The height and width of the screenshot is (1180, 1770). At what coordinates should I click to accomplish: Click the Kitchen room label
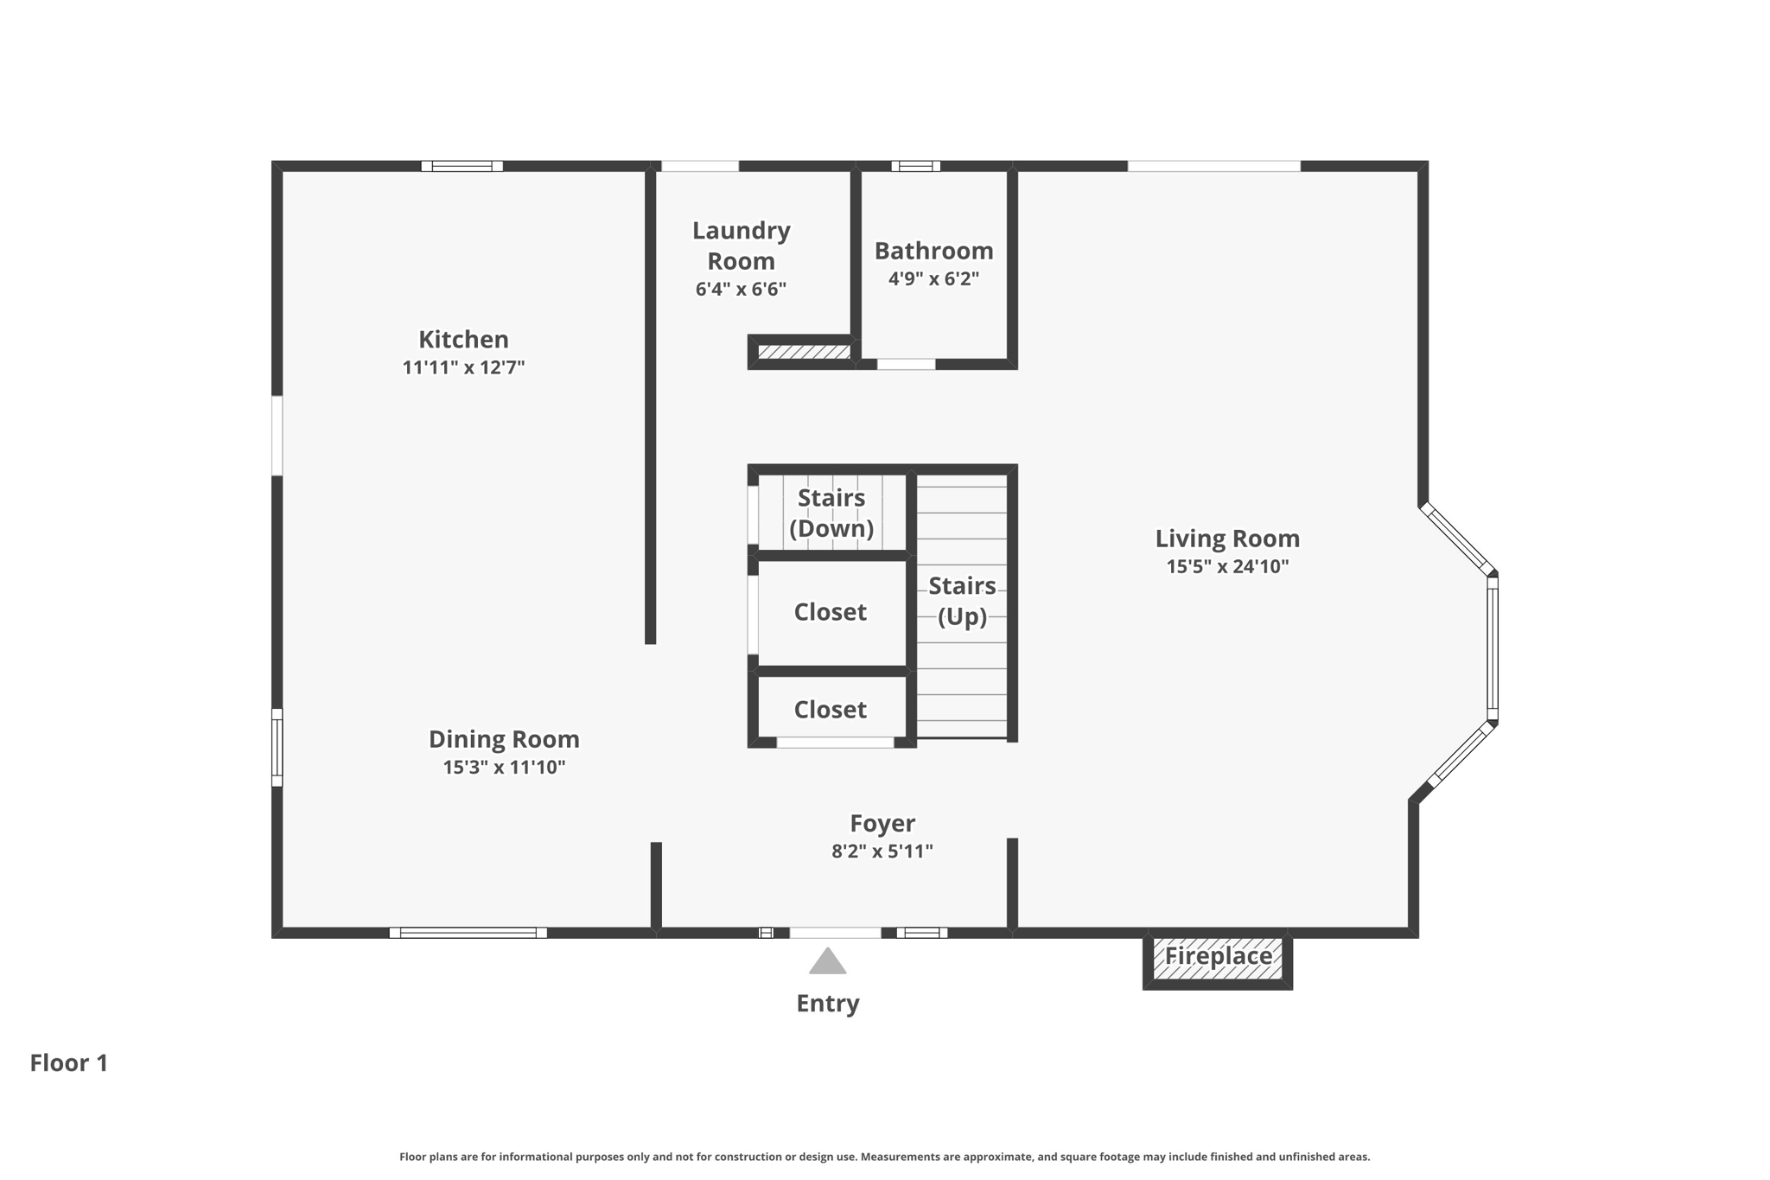pos(463,339)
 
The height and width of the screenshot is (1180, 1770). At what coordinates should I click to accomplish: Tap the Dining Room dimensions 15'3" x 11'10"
pos(504,767)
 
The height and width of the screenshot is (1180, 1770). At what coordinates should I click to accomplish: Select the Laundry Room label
pos(741,246)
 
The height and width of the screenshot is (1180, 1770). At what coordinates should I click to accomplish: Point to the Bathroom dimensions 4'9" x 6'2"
pos(933,278)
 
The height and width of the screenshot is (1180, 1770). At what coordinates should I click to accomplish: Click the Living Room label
pos(1227,539)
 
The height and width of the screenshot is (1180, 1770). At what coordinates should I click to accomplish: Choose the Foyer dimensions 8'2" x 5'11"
pos(882,851)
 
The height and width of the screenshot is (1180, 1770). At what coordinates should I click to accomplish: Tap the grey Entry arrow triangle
pos(827,962)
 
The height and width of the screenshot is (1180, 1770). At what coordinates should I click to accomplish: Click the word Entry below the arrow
pos(827,1003)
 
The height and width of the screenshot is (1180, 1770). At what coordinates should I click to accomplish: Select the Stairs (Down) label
pos(831,513)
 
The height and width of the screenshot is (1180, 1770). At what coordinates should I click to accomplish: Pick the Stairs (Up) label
pos(962,601)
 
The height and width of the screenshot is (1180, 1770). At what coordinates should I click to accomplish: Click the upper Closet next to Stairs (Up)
pos(830,612)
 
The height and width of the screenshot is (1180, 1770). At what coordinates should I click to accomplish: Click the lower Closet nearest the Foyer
pos(830,710)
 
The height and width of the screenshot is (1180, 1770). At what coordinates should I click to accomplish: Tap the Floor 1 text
pos(69,1062)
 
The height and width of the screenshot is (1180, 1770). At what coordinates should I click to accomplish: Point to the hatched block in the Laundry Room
pos(804,352)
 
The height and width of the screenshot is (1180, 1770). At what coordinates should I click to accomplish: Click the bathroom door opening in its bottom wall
pos(906,364)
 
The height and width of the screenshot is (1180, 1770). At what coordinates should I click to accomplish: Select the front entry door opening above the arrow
pos(835,933)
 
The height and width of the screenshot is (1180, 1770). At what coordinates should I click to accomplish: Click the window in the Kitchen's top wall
pos(462,166)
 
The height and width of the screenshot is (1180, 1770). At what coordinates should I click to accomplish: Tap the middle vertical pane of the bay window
pos(1493,648)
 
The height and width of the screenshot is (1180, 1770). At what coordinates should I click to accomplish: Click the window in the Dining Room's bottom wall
pos(468,933)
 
